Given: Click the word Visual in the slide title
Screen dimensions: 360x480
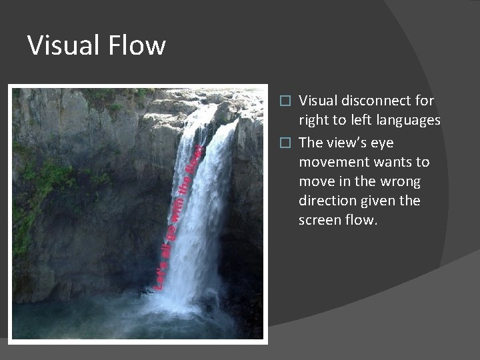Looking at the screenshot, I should click(x=60, y=46).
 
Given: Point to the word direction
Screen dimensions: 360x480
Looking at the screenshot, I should click(x=327, y=200).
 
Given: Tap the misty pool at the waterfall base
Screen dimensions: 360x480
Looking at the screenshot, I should click(x=133, y=320).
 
